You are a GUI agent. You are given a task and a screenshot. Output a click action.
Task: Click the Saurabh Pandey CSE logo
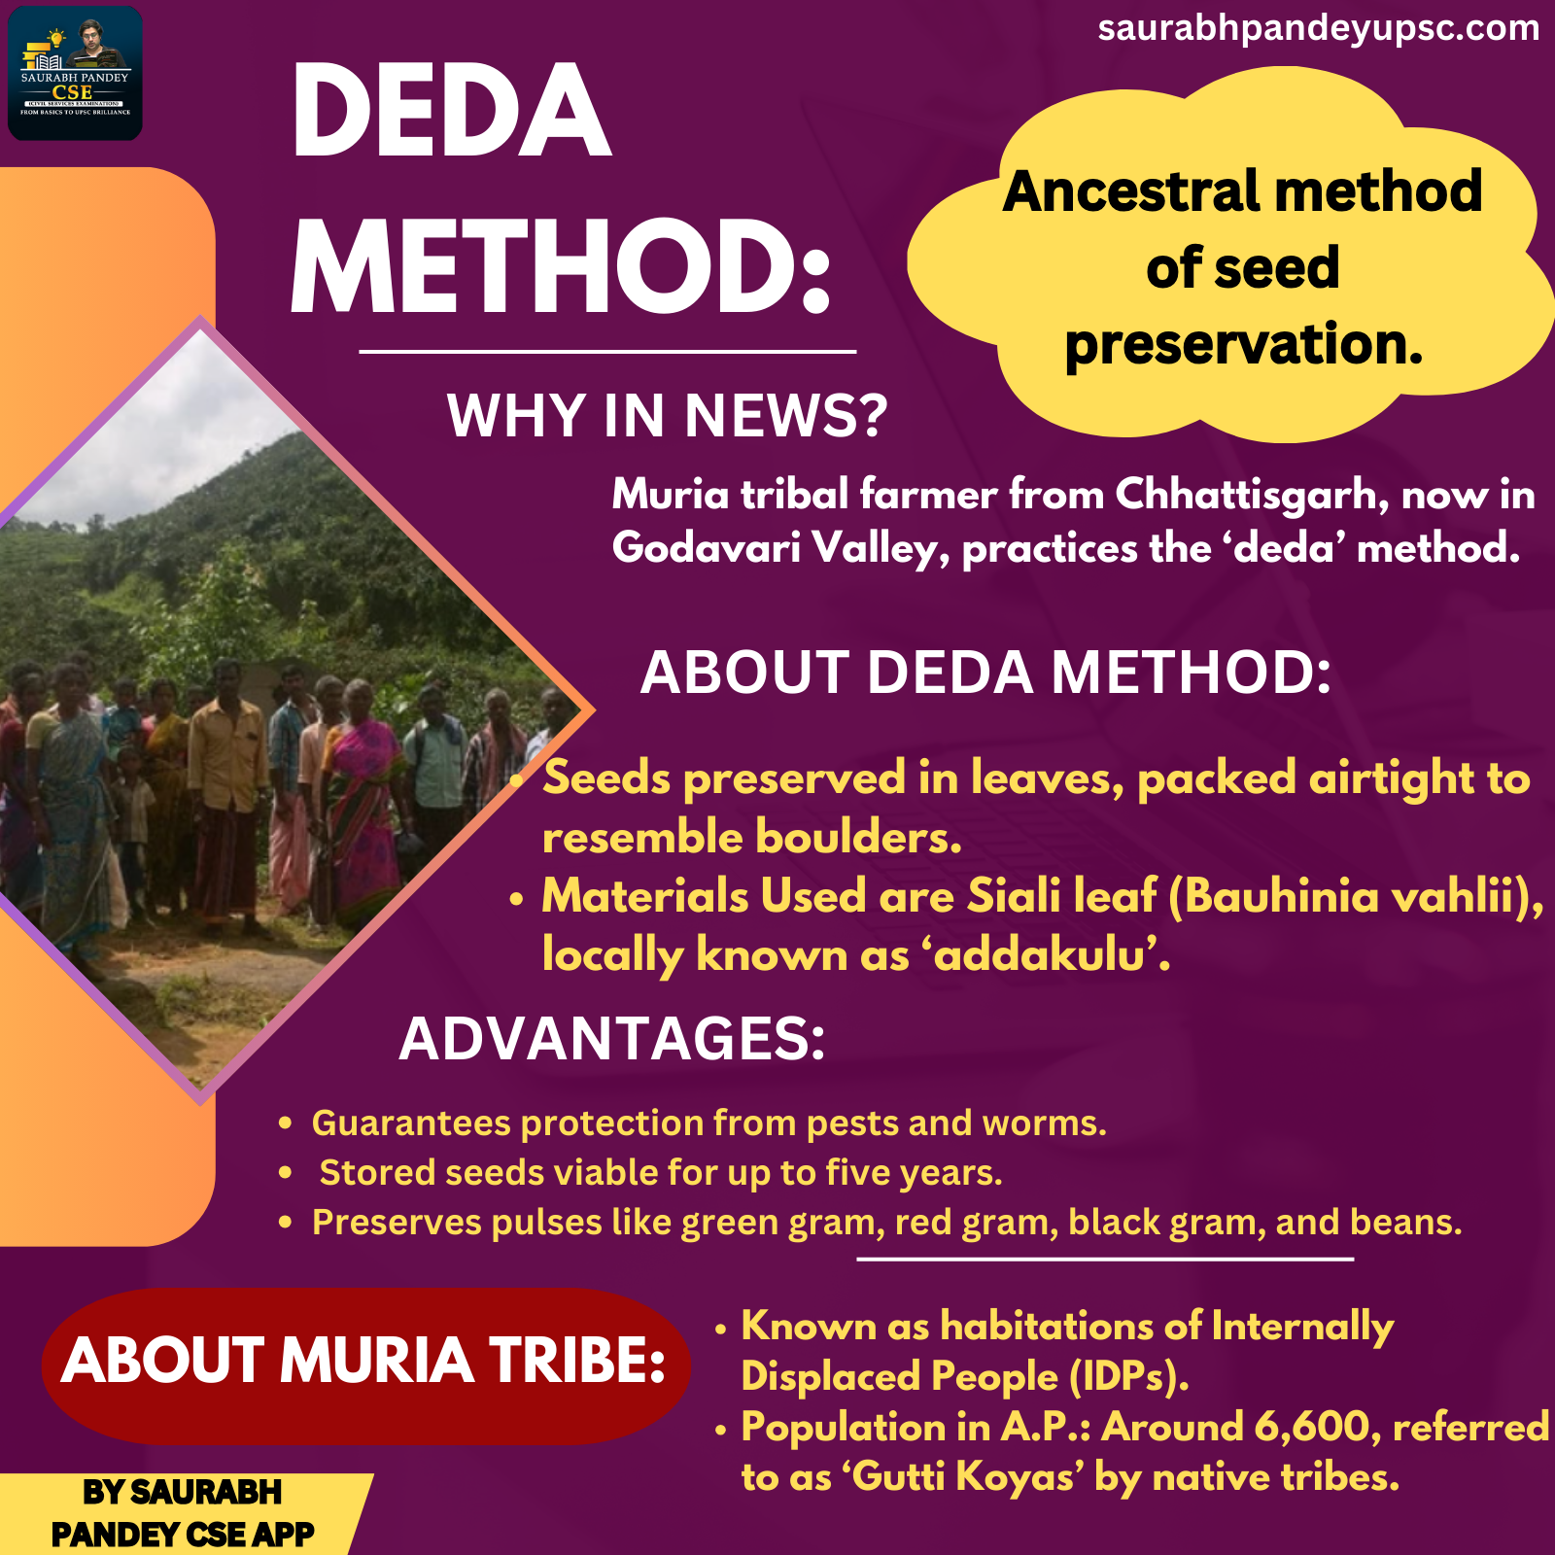[75, 74]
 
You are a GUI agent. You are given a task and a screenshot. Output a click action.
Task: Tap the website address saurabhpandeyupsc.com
[1318, 29]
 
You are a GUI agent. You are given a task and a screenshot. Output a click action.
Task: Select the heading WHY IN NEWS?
[667, 416]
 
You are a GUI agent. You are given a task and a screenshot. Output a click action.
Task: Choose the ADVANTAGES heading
[612, 1039]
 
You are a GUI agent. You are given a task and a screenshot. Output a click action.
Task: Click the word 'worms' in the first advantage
[1043, 1123]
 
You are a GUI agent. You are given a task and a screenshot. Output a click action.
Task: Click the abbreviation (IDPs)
[1128, 1376]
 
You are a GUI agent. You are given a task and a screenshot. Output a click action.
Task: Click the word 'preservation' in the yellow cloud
[1243, 344]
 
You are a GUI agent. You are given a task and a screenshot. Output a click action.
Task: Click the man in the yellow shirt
[228, 787]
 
